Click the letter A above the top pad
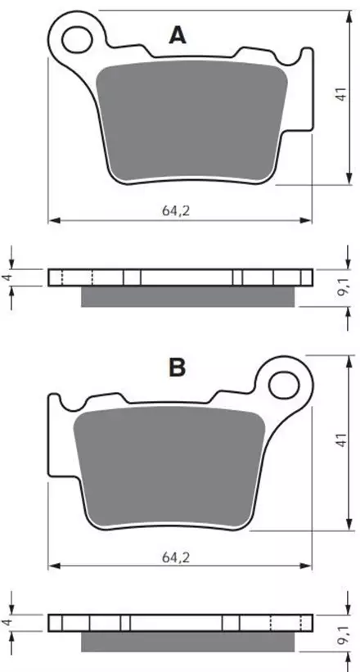(178, 35)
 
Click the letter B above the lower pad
(177, 368)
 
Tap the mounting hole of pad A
(77, 39)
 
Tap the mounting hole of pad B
(284, 384)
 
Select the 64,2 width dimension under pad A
(176, 211)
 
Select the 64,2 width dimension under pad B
(176, 557)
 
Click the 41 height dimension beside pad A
(340, 94)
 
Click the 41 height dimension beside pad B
(340, 440)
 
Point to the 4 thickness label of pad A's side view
(6, 277)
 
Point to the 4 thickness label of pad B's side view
(6, 623)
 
